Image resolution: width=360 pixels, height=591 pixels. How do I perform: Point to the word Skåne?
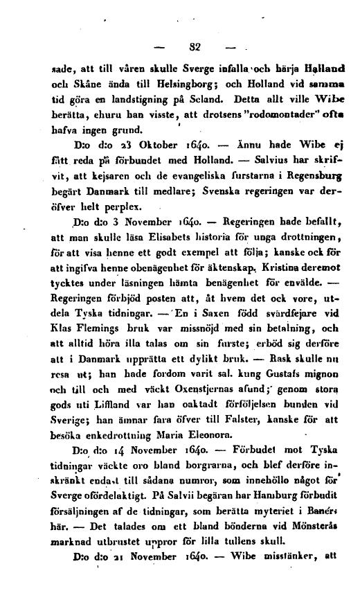click(x=76, y=84)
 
